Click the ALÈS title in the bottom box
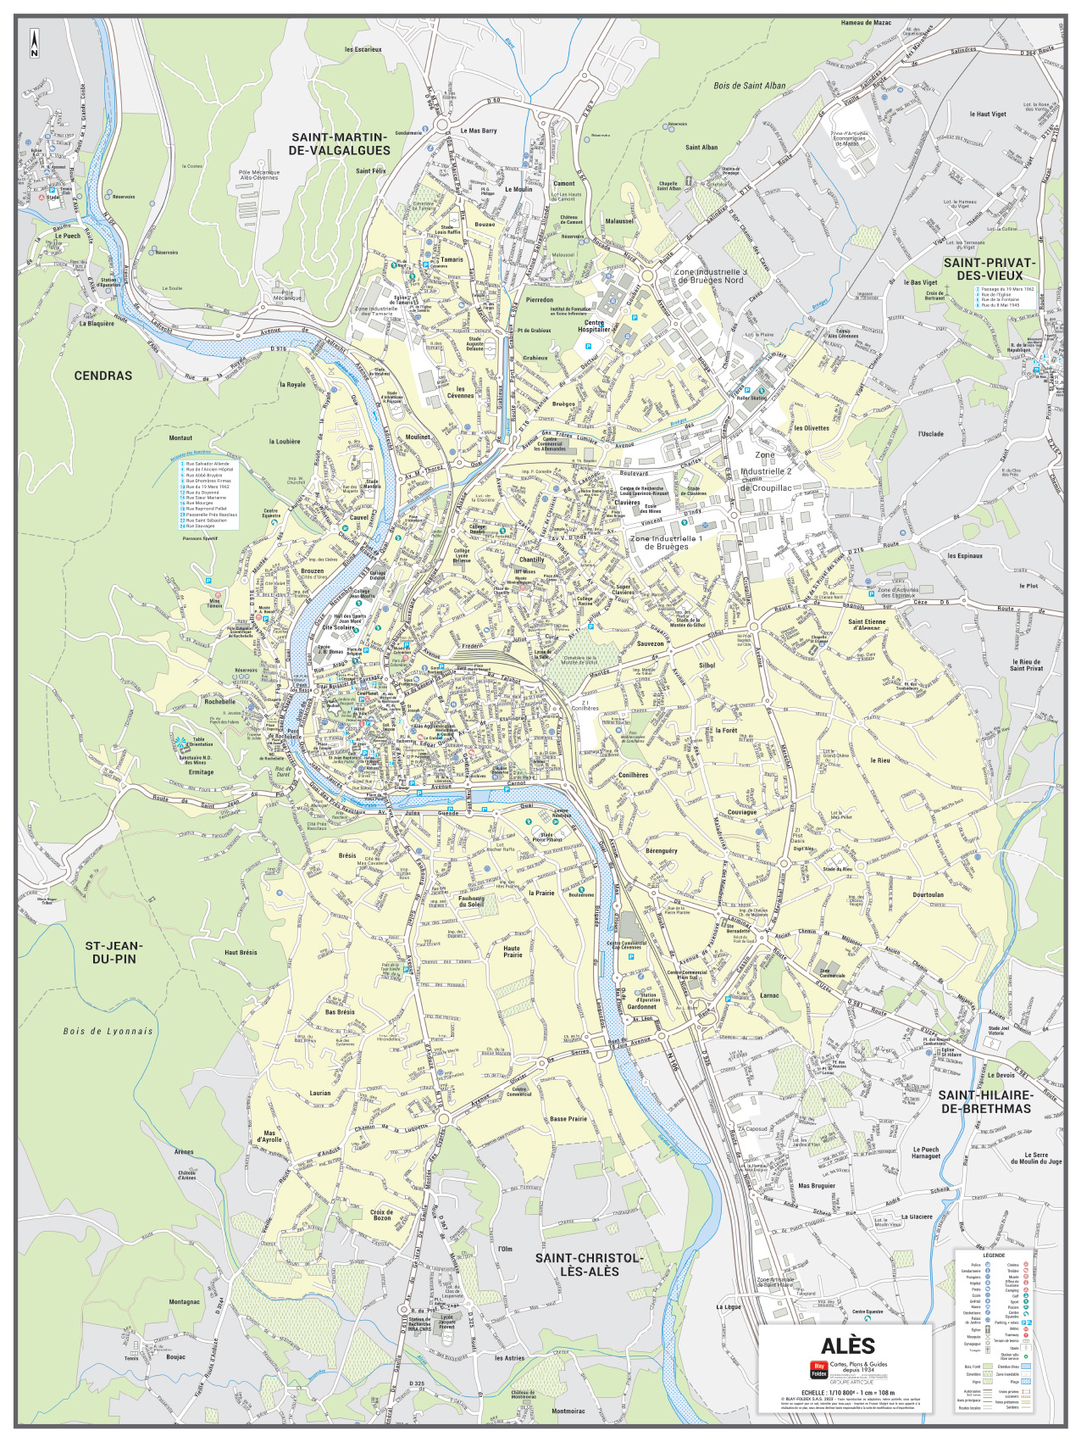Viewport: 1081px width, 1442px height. (847, 1345)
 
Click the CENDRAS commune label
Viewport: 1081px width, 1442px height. (103, 376)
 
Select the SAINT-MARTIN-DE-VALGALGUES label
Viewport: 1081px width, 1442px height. (339, 144)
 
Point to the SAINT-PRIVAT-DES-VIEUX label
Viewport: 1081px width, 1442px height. (990, 269)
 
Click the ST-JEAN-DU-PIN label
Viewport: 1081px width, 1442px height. (114, 952)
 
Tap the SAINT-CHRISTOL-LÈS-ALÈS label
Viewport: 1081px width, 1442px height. (589, 1265)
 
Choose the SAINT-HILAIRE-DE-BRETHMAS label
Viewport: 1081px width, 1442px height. (984, 1102)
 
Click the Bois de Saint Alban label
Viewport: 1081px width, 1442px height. (749, 86)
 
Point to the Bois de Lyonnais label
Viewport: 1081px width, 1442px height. (108, 1032)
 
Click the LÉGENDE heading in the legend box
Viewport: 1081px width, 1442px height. (994, 1255)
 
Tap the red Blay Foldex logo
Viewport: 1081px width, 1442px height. (818, 1369)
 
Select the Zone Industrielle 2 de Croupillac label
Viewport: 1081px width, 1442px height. (766, 471)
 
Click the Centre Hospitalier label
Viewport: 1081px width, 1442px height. (594, 326)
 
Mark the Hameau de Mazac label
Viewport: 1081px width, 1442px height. (872, 23)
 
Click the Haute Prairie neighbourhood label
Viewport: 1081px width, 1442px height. (513, 951)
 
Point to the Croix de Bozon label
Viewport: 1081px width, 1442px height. (382, 1215)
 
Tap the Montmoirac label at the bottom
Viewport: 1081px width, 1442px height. (568, 1411)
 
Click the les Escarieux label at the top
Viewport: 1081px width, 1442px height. (363, 49)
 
